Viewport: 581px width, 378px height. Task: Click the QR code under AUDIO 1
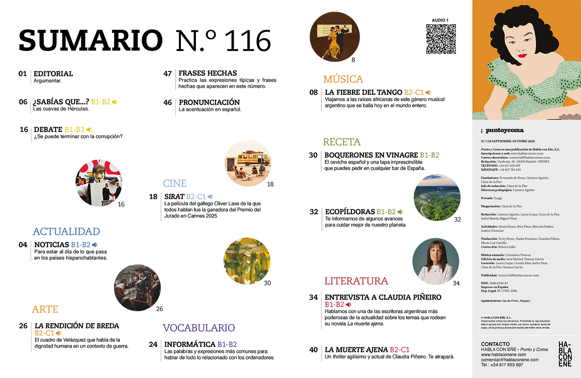click(441, 39)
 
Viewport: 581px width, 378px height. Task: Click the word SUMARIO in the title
click(91, 40)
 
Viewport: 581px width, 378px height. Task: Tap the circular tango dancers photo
click(335, 37)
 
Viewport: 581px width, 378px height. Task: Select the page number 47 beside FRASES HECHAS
click(167, 74)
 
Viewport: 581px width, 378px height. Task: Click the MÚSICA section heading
click(343, 79)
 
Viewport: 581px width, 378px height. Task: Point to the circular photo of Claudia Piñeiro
click(436, 261)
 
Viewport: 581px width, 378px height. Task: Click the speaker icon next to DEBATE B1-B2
click(89, 130)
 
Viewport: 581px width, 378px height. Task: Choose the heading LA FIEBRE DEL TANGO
click(363, 92)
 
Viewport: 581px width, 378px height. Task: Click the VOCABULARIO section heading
click(199, 328)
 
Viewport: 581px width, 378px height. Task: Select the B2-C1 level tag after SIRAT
click(196, 197)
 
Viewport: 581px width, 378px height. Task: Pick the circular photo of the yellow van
click(248, 163)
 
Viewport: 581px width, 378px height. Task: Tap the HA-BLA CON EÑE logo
click(565, 354)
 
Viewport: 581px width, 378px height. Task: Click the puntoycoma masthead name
click(504, 130)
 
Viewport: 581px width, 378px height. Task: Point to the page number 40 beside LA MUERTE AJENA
click(313, 350)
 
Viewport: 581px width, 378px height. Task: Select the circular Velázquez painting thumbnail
click(138, 288)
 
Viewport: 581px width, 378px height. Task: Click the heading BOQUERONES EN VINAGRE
click(371, 155)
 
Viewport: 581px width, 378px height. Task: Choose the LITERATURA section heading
click(356, 281)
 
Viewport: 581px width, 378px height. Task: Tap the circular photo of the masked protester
click(99, 183)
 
